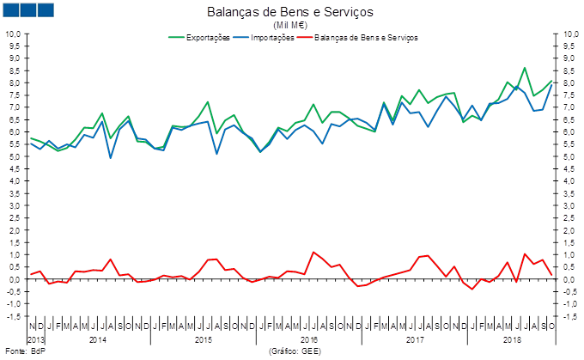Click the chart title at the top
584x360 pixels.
tap(291, 11)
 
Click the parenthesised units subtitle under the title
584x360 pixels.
tap(291, 25)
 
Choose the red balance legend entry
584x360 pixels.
tap(357, 38)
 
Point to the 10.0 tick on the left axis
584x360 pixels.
tap(14, 34)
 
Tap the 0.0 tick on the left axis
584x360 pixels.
tap(14, 279)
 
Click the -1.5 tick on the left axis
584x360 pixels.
tap(14, 316)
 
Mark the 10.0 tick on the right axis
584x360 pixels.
tap(568, 34)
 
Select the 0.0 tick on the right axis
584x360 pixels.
tap(568, 279)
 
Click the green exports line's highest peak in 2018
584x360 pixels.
tap(525, 67)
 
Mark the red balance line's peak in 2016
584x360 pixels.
tap(313, 253)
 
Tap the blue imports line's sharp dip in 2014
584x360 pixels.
tap(111, 157)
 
